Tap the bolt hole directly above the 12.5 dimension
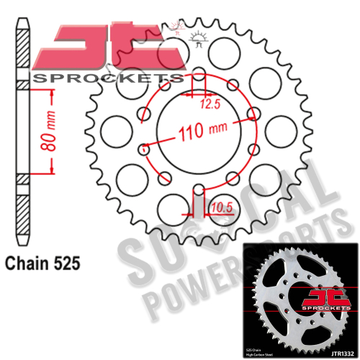[196, 74]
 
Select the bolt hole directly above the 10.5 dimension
[196, 190]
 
